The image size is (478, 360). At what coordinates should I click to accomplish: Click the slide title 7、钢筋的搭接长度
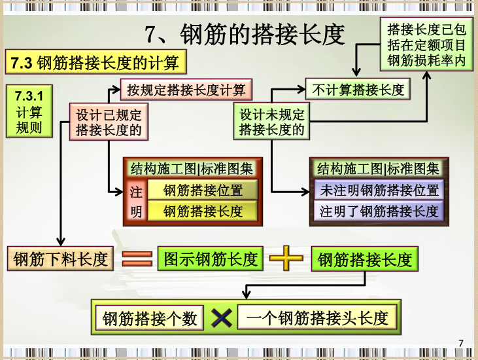[x=243, y=34]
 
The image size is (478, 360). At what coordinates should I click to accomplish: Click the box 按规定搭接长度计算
[x=186, y=90]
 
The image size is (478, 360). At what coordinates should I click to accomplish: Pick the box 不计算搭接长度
[x=358, y=90]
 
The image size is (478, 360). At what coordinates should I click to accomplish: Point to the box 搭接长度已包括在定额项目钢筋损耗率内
[x=426, y=45]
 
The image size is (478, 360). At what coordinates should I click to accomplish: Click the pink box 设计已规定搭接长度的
[x=109, y=122]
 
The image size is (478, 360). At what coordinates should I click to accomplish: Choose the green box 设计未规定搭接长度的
[x=271, y=122]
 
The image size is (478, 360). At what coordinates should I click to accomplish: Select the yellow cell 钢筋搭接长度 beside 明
[x=203, y=211]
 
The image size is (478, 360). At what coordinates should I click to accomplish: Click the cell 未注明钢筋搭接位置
[x=379, y=190]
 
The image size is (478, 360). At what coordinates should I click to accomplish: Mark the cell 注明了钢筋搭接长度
[x=379, y=211]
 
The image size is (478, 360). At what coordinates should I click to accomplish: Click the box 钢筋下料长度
[x=61, y=259]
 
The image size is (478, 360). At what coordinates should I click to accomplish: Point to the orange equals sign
[x=137, y=259]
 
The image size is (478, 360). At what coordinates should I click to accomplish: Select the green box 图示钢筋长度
[x=211, y=259]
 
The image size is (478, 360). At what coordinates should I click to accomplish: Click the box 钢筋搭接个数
[x=150, y=319]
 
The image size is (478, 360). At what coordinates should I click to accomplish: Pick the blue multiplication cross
[x=222, y=319]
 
